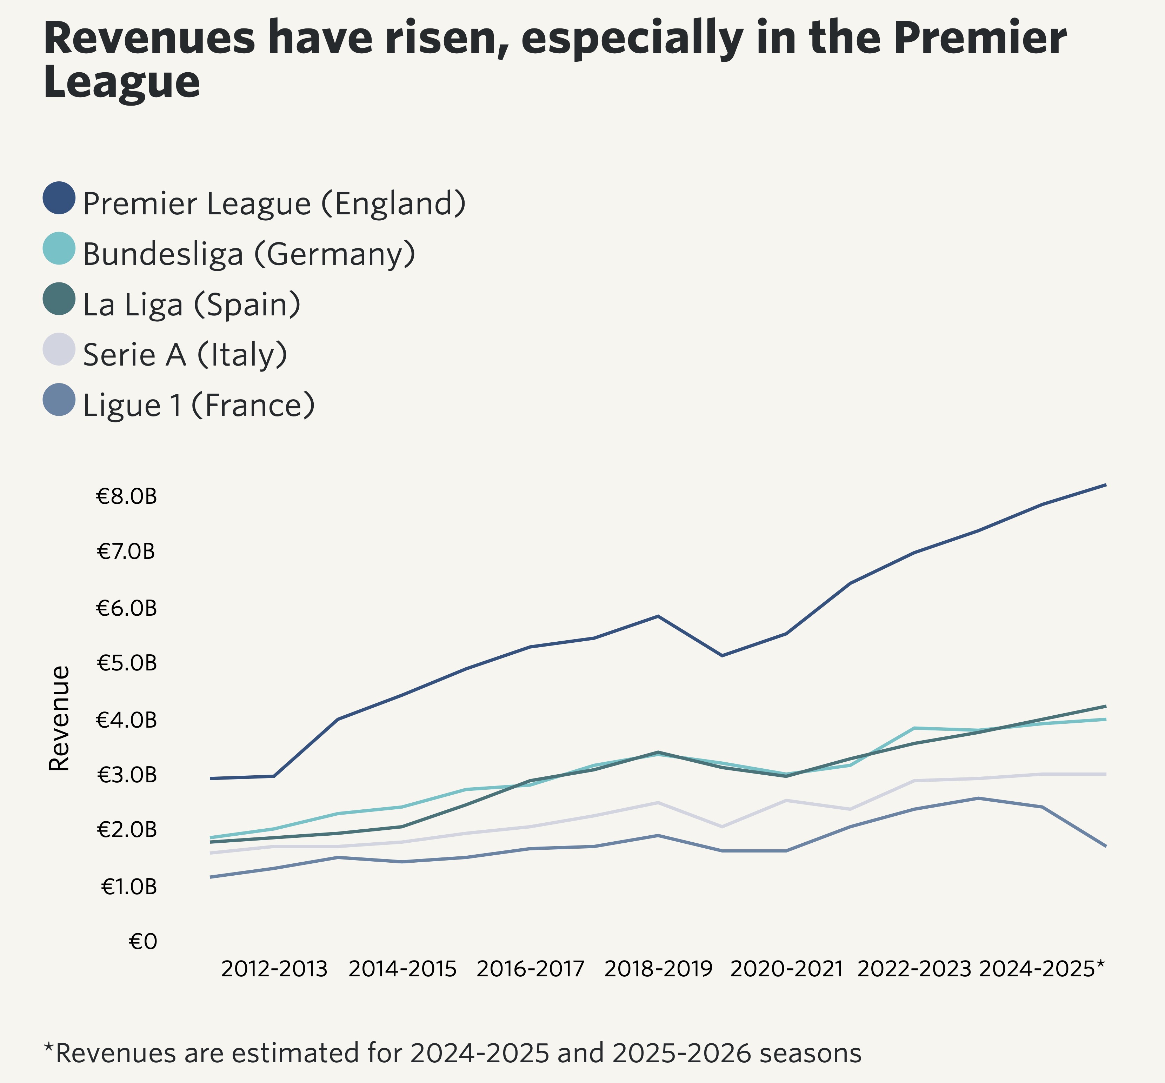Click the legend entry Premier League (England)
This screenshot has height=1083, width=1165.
274,203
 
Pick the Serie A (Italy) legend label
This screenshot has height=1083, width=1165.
185,355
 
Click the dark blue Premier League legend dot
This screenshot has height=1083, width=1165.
59,198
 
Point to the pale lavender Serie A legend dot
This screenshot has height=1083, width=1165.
59,349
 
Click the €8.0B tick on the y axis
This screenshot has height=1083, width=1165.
127,497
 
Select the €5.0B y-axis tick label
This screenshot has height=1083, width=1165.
127,663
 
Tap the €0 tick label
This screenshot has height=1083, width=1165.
143,942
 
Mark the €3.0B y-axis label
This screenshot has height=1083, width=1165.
127,775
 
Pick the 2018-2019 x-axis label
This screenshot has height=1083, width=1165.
658,969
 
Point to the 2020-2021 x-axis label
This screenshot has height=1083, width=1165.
786,969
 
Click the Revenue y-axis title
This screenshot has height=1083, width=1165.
59,718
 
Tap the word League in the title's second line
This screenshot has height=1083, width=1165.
122,82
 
